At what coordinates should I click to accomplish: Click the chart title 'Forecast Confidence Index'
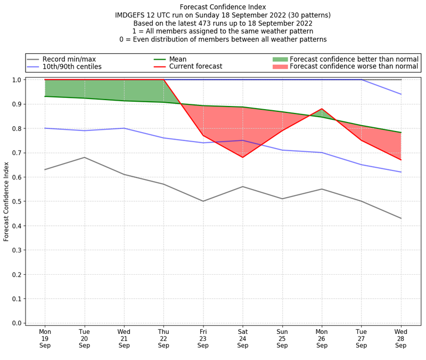(223, 7)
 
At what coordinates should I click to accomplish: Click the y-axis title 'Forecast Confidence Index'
(7, 201)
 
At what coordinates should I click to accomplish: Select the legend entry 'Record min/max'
(69, 59)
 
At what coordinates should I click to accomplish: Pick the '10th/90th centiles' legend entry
(72, 67)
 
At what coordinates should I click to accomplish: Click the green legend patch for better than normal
(280, 59)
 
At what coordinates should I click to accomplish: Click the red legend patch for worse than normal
(280, 67)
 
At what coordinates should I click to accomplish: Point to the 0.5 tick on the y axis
(16, 201)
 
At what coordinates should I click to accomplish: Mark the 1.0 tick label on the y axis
(16, 80)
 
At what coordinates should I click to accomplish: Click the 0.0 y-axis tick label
(16, 323)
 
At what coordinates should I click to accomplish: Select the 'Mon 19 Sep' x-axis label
(45, 338)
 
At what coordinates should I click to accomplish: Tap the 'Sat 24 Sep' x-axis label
(243, 338)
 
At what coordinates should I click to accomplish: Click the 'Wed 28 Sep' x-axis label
(401, 338)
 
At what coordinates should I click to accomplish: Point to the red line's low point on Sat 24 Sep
(243, 157)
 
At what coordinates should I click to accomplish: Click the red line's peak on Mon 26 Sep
(322, 109)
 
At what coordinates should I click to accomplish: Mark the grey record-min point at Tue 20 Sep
(85, 157)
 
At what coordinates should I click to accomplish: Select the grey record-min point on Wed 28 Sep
(401, 218)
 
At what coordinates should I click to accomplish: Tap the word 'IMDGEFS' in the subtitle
(132, 15)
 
